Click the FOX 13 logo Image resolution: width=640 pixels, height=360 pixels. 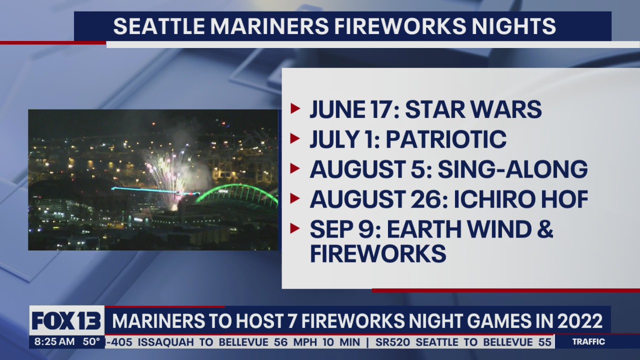pos(66,320)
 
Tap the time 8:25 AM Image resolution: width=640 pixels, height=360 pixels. pos(54,342)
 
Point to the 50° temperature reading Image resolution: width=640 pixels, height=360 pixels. pos(91,342)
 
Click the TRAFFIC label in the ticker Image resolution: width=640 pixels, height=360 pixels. pos(588,342)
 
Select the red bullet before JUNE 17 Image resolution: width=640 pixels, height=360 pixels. pos(295,108)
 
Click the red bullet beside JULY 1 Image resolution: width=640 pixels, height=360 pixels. pos(295,138)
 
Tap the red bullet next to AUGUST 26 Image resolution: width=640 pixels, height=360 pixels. pos(295,198)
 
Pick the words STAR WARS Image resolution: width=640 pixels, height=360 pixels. pos(473,109)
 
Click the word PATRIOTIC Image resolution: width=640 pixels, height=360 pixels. pos(446,139)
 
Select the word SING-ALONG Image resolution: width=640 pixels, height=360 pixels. pos(512,169)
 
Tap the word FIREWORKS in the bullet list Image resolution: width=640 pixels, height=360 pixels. pos(378,253)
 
